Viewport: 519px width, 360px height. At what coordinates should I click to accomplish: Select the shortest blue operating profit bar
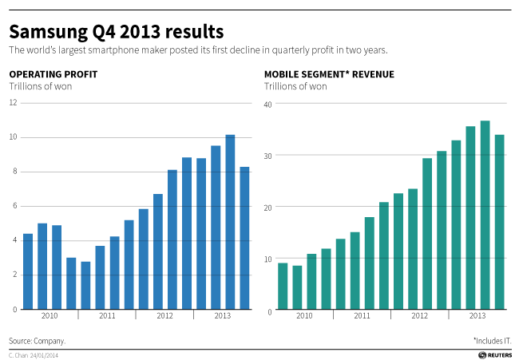point(85,285)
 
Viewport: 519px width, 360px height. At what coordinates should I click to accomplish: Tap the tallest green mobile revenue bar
point(485,216)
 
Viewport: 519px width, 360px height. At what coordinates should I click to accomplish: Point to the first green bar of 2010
point(283,287)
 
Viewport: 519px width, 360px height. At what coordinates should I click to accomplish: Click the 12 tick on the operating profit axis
point(13,102)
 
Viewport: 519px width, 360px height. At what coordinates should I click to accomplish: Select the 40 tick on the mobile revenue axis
point(269,104)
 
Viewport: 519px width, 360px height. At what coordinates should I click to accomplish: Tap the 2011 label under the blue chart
point(107,316)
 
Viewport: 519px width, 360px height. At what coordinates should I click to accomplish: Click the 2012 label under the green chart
point(419,316)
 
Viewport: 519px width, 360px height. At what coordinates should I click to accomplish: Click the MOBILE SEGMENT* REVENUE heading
point(329,74)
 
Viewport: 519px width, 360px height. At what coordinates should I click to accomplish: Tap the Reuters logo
point(495,354)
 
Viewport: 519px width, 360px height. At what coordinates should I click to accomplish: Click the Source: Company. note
point(37,340)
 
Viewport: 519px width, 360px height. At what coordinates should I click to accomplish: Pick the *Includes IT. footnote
point(492,340)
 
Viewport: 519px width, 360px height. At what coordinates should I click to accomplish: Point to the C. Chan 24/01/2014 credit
point(34,354)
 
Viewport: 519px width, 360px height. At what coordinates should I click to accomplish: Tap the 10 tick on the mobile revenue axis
point(269,259)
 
